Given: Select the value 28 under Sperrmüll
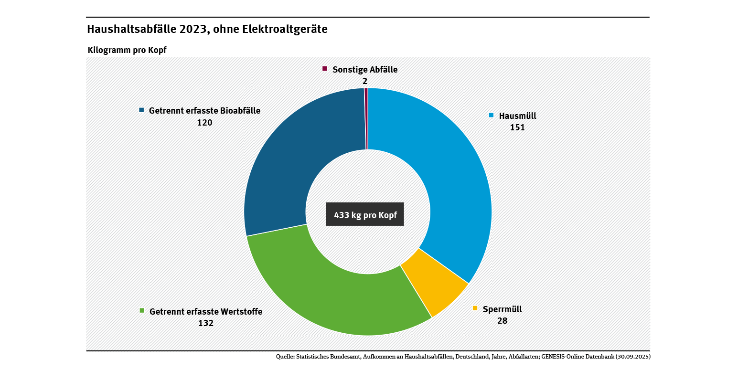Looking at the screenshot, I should point(502,321).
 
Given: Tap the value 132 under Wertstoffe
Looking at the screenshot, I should point(206,323).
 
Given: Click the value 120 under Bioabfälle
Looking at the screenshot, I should point(204,122).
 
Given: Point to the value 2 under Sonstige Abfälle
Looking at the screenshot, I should point(365,81).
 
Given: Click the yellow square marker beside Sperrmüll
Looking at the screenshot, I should point(475,308).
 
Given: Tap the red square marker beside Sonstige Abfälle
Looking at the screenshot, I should point(325,69).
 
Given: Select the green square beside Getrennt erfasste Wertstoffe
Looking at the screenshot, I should point(142,311).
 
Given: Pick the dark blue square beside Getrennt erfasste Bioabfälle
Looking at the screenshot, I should point(141,110).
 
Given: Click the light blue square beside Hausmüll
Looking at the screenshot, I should point(491,115).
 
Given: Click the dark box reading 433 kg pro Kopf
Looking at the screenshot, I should point(365,215).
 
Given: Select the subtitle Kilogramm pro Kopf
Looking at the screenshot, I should point(127,50).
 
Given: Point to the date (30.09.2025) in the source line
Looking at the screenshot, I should point(632,357).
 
